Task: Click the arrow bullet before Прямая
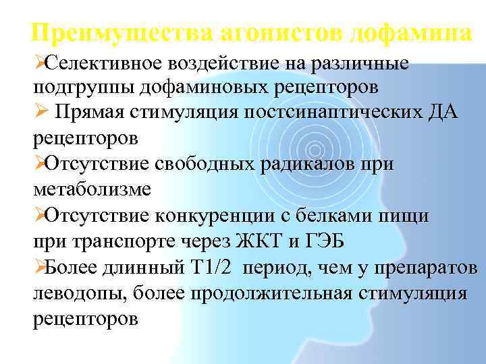40,113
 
